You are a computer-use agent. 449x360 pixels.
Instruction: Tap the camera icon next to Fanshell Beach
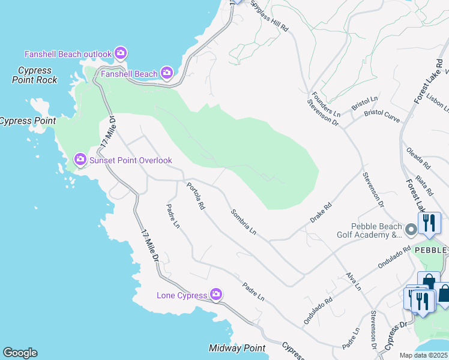coord(166,74)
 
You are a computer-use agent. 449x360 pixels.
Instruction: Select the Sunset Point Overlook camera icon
coord(80,160)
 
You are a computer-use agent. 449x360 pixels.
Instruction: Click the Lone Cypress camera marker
coord(215,295)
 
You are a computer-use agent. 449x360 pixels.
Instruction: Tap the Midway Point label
coord(237,349)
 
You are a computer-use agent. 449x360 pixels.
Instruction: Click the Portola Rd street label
coord(196,197)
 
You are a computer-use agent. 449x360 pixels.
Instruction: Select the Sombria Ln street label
coord(244,222)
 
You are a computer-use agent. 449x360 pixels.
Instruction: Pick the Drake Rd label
coord(321,213)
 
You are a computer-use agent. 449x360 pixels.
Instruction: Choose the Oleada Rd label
coord(418,157)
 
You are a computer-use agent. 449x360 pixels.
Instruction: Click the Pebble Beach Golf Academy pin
coord(411,230)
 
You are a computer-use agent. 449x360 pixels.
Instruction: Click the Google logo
coord(20,353)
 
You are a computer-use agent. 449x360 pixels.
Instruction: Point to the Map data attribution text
coord(424,355)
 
